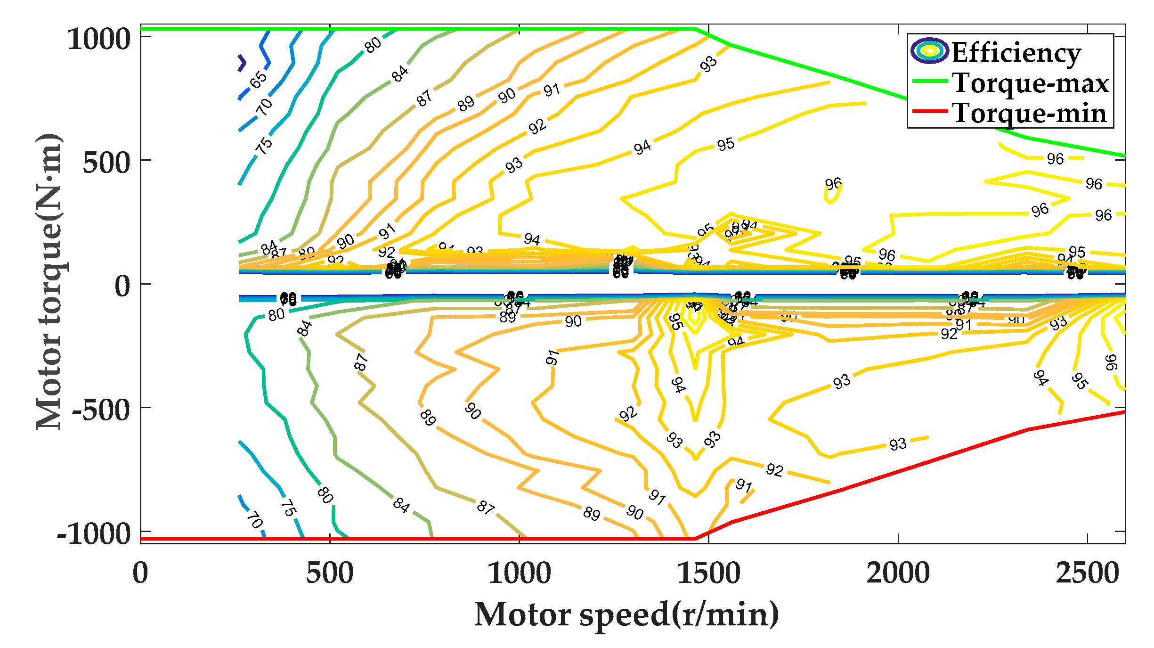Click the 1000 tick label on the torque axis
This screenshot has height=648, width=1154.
click(99, 39)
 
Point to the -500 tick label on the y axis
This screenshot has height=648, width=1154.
click(101, 410)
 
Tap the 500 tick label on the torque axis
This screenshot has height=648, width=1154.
click(106, 163)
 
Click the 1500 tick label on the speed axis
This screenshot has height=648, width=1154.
click(708, 574)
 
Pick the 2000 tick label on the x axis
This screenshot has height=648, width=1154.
click(898, 574)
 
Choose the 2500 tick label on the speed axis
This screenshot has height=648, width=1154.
click(1087, 574)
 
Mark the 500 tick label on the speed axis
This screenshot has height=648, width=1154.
click(330, 574)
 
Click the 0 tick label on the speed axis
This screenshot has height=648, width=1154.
click(140, 574)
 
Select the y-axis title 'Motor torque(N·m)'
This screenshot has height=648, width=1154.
click(49, 281)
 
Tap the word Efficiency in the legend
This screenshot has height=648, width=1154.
click(1016, 52)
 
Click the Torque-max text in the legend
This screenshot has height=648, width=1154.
click(1030, 83)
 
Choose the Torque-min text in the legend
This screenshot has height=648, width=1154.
click(1029, 114)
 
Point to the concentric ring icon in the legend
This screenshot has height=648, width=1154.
click(929, 50)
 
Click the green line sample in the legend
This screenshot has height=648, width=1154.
click(930, 81)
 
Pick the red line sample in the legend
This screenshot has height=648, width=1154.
click(930, 112)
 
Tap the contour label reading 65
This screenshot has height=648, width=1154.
click(259, 80)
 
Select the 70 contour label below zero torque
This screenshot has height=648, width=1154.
click(255, 520)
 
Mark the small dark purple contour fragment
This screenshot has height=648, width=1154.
click(242, 63)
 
